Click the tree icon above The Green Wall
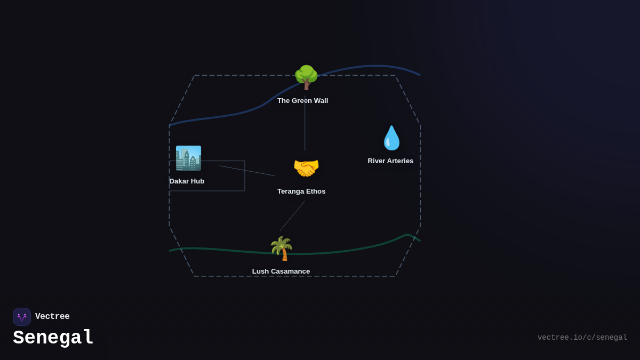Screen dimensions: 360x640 (306, 77)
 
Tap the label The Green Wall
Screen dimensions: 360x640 (302, 101)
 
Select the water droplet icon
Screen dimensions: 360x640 (391, 138)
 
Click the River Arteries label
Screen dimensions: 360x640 (390, 161)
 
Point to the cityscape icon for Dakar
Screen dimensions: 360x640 (188, 158)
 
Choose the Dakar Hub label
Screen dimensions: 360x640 (187, 181)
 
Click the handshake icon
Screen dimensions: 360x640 (306, 168)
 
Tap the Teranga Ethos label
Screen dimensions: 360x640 (301, 191)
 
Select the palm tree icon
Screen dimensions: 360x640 (281, 249)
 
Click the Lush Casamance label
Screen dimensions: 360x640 (281, 271)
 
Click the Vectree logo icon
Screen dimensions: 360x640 (22, 317)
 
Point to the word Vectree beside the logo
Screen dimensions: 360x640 (52, 317)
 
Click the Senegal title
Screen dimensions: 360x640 (53, 338)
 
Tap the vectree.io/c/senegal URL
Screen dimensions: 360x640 (582, 338)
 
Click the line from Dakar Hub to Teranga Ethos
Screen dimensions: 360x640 (247, 171)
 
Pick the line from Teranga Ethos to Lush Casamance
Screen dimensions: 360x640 (292, 216)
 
